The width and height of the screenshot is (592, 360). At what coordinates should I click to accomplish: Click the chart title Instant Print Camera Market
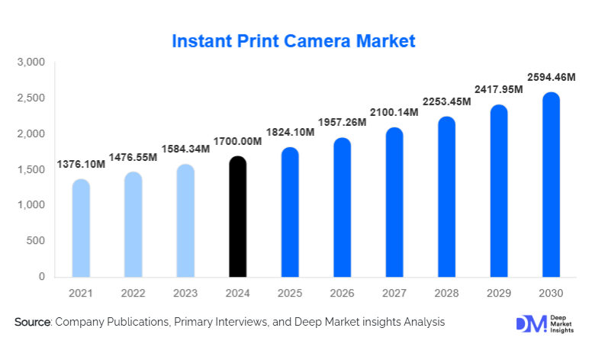tap(294, 40)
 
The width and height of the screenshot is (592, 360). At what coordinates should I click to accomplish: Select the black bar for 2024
tap(238, 217)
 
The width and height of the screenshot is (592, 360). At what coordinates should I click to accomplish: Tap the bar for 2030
tap(551, 185)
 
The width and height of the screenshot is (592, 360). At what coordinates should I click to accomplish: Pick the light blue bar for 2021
tap(81, 229)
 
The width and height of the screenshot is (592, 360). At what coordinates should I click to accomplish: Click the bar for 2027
tap(394, 203)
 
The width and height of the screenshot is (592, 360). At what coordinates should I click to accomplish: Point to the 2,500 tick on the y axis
tap(33, 98)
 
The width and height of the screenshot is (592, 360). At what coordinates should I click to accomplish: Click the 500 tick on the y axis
tap(36, 241)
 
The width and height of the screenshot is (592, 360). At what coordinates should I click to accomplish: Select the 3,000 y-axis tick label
tap(33, 63)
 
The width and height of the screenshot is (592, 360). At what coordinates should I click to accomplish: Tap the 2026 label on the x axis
tap(342, 294)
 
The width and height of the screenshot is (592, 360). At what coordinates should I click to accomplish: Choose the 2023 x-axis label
tap(185, 294)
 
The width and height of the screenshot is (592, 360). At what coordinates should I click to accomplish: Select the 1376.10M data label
tap(81, 165)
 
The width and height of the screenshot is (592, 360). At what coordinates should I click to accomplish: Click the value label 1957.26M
tap(342, 123)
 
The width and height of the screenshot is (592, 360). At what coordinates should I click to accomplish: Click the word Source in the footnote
tap(32, 323)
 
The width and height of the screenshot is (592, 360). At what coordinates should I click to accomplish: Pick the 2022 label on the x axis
tap(134, 294)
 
